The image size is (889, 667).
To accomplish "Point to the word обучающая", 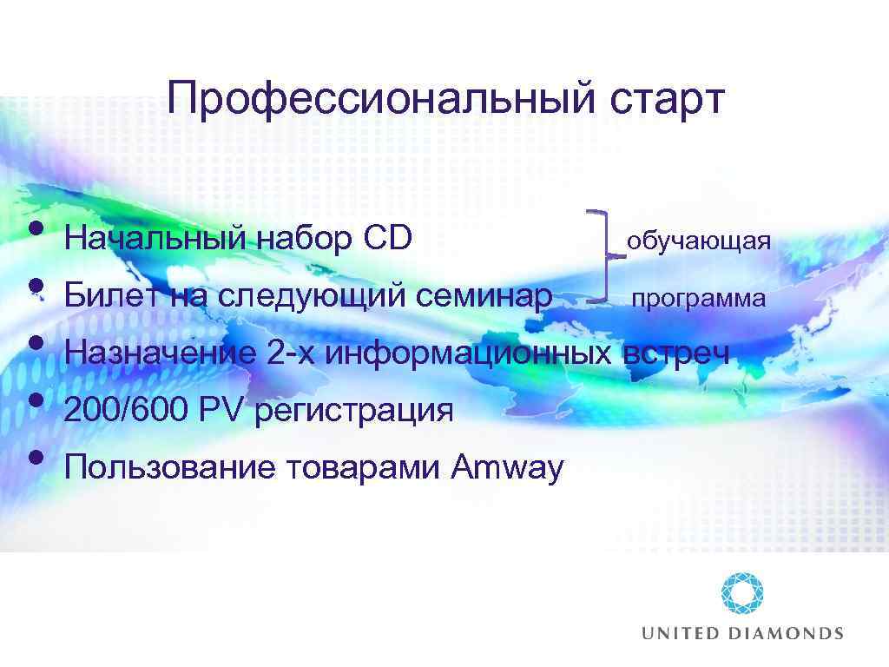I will [x=699, y=240].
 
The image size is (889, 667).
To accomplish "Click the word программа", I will [x=698, y=299].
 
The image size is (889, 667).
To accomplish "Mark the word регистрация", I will [x=353, y=411].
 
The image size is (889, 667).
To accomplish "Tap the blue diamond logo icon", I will [x=742, y=594].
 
